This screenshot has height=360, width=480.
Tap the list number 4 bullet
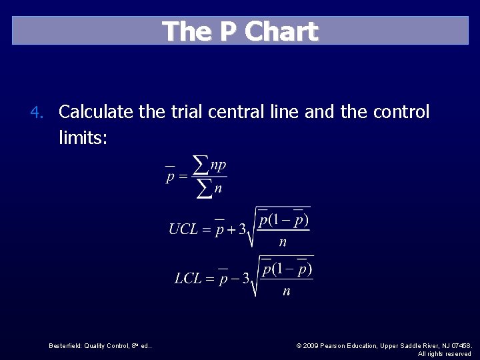point(39,112)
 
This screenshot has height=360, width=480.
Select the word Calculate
point(96,112)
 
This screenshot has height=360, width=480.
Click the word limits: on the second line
point(83,138)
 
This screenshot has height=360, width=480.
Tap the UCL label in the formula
point(183,230)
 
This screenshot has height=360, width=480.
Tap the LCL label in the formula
point(188,278)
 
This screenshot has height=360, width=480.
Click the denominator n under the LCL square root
point(287,291)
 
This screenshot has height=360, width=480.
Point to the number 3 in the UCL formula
point(243,230)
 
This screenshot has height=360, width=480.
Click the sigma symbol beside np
point(199,163)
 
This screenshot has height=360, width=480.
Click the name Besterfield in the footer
point(66,345)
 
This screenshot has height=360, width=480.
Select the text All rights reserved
point(444,353)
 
